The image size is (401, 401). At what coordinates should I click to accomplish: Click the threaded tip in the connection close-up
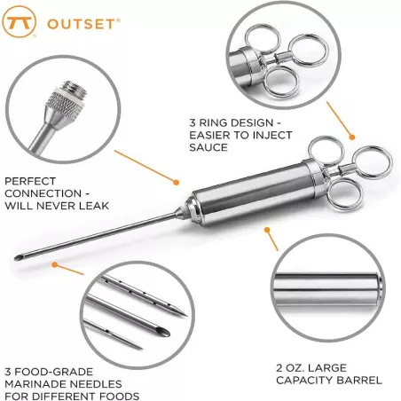pyautogui.click(x=70, y=93)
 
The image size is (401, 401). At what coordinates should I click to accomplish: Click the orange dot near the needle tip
pyautogui.click(x=55, y=264)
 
